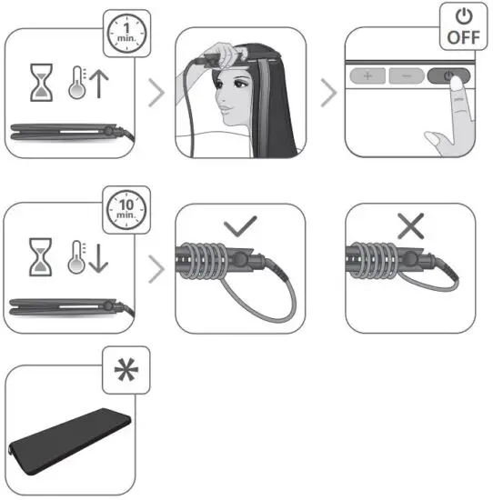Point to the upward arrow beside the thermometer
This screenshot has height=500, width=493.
click(98, 86)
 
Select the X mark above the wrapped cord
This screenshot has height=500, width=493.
click(410, 226)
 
